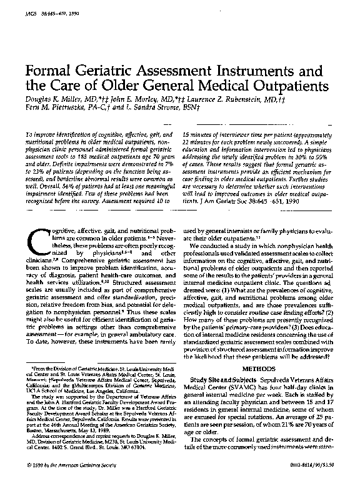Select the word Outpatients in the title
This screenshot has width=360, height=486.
[286, 95]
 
